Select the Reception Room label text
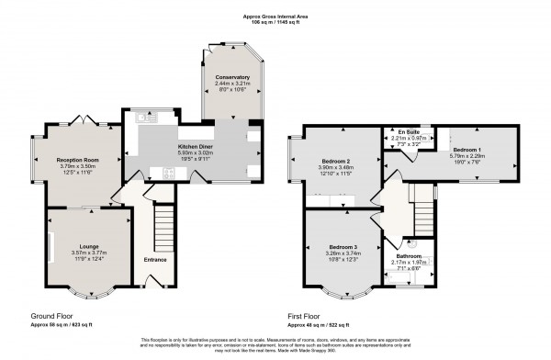click(78, 159)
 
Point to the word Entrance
click(155, 261)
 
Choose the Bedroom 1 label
click(466, 148)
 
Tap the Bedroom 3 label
click(340, 247)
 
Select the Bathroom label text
click(409, 256)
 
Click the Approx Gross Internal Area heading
click(275, 17)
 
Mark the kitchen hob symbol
click(169, 172)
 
